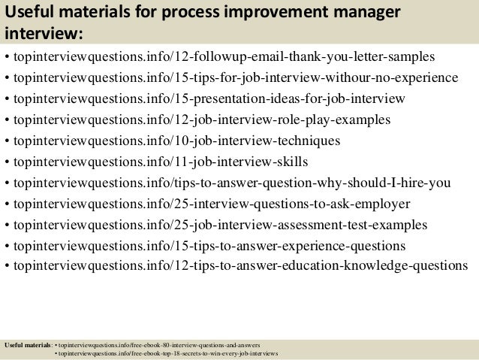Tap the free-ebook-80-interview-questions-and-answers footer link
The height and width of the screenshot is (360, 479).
tap(162, 345)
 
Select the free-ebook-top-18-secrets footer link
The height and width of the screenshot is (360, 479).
tap(170, 353)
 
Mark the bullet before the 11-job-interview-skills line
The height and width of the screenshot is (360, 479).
tap(7, 162)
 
